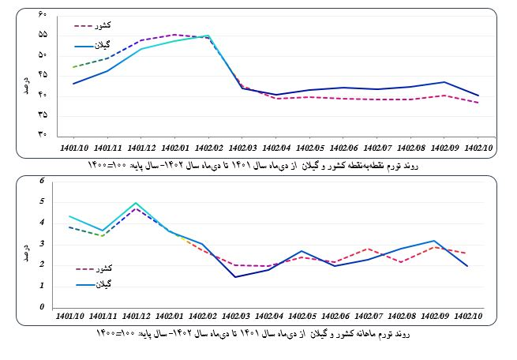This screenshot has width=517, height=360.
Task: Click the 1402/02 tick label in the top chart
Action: [x=208, y=147]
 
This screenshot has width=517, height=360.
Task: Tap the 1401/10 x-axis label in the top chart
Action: [x=72, y=147]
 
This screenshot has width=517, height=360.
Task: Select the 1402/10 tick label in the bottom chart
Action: [x=478, y=318]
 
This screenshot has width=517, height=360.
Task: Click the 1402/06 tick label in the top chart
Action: [x=343, y=147]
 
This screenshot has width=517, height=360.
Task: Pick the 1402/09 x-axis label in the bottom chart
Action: [x=444, y=318]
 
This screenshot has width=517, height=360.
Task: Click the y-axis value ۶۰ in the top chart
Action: [x=42, y=15]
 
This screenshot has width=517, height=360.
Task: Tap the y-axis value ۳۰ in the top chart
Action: [x=42, y=134]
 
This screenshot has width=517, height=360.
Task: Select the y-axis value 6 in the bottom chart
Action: [x=43, y=181]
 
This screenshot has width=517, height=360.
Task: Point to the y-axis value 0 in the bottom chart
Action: [x=43, y=307]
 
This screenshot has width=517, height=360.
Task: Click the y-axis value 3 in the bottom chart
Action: [x=43, y=244]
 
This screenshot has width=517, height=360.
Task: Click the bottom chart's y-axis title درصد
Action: [x=26, y=242]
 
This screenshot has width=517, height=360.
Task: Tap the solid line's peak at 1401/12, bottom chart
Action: [x=136, y=203]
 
